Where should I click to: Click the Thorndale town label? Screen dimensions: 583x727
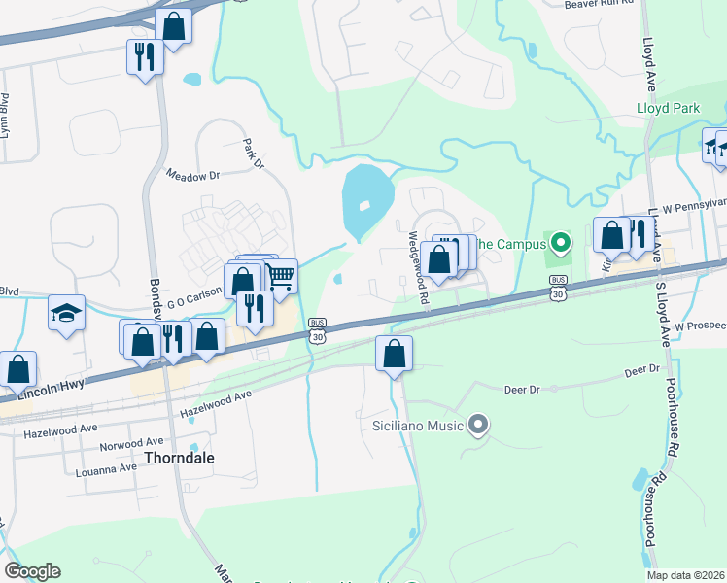pos(179,457)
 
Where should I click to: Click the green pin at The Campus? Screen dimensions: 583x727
pos(559,242)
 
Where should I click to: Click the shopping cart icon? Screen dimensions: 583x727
pos(280,277)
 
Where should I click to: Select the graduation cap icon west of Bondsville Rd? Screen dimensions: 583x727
pos(66,313)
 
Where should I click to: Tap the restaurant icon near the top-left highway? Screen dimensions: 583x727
pos(145,56)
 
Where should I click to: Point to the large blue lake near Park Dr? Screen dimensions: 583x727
pos(366,199)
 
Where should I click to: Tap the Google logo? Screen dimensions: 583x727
pos(32,570)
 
